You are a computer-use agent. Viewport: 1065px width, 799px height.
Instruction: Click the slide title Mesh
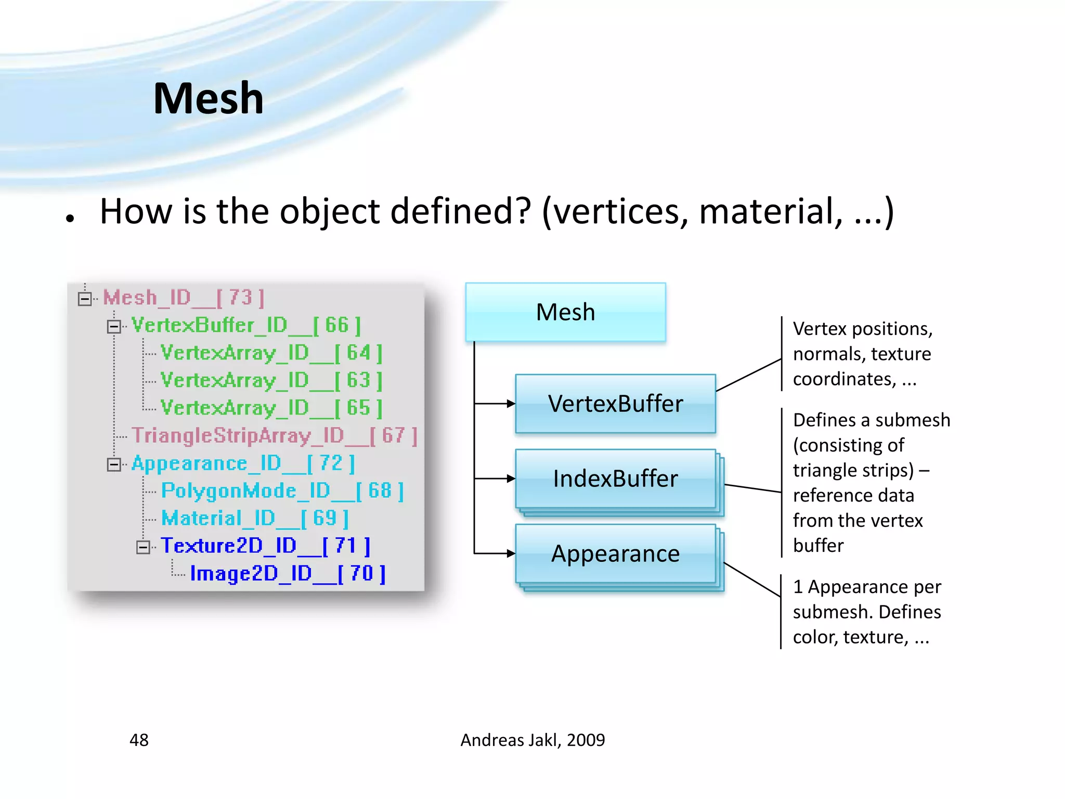[208, 98]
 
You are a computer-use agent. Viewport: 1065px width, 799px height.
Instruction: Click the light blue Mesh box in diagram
[565, 312]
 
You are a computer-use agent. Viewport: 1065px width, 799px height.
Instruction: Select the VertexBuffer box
[615, 404]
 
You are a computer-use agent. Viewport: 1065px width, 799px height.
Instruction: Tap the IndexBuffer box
[615, 479]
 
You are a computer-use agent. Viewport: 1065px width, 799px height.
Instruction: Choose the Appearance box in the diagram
[615, 553]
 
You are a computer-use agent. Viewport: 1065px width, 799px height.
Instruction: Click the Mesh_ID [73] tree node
[183, 298]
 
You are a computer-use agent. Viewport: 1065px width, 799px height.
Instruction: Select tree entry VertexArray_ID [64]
[271, 353]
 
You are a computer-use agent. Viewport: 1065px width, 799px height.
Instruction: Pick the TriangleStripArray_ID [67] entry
[274, 436]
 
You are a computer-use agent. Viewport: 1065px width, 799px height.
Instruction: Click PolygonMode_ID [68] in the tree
[282, 491]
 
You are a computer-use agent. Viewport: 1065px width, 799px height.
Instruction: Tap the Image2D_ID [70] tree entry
[288, 574]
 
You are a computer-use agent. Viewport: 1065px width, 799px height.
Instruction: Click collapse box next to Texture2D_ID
[143, 547]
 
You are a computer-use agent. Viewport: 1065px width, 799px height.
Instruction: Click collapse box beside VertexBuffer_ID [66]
[114, 327]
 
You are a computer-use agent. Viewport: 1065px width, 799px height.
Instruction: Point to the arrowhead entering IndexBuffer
[511, 479]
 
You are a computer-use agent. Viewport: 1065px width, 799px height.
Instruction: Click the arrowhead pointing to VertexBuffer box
[511, 404]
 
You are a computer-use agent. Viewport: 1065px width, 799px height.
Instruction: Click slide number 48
[139, 740]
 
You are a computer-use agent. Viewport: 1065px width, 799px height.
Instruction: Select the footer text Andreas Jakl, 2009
[532, 740]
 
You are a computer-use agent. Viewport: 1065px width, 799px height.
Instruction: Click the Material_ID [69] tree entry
[254, 519]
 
